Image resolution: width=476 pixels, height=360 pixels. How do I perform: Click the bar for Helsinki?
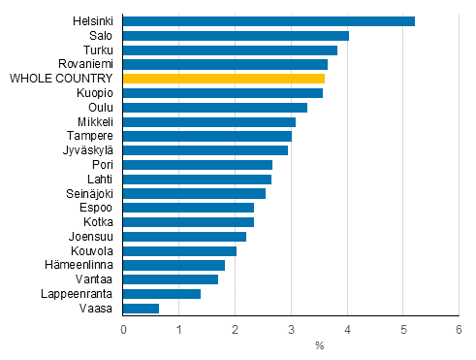(x=269, y=21)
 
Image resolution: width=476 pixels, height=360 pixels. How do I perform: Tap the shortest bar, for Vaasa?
(x=142, y=309)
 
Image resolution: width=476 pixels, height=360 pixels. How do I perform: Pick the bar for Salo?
(x=236, y=36)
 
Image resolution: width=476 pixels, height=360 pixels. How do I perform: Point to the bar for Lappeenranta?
(x=162, y=294)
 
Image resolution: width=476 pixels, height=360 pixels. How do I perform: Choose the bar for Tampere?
(x=207, y=136)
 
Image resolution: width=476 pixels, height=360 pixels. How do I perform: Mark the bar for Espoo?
(x=188, y=208)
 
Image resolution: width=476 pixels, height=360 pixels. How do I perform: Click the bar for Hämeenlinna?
(x=174, y=265)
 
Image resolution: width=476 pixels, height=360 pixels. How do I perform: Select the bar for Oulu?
(x=215, y=108)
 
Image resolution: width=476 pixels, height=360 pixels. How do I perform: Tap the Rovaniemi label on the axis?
(x=87, y=64)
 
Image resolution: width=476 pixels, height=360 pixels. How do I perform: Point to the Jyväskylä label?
(x=87, y=150)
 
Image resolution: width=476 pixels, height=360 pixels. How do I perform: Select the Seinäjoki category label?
(x=87, y=193)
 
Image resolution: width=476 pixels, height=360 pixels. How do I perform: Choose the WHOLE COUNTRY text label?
(x=61, y=79)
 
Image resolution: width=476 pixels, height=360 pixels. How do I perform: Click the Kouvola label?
(x=91, y=250)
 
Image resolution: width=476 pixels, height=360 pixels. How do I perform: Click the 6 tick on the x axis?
(x=459, y=329)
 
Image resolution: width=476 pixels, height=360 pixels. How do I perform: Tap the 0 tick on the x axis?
(x=123, y=329)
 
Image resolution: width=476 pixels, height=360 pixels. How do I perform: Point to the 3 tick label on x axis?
(x=291, y=329)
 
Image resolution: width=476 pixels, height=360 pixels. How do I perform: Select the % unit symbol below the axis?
(x=319, y=345)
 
